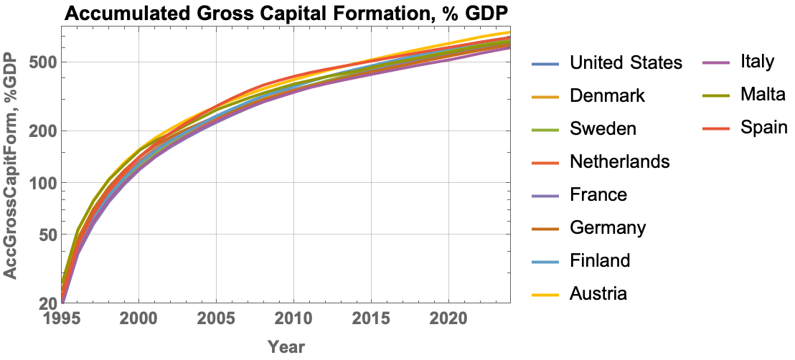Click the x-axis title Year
(286, 347)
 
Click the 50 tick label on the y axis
(45, 235)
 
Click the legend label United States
(626, 63)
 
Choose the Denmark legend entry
(607, 96)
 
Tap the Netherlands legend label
(620, 161)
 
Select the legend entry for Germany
(608, 228)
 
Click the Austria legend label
(598, 293)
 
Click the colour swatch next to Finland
(545, 261)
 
